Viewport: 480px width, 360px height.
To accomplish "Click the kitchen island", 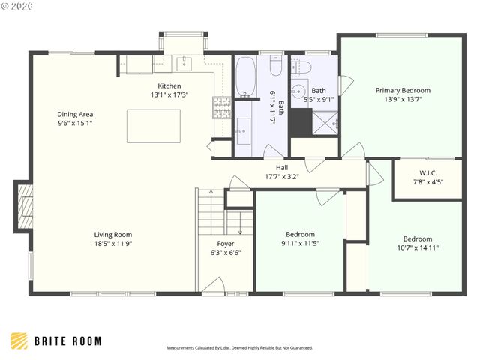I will pos(153,126).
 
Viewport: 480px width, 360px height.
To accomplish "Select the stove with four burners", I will pos(222,104).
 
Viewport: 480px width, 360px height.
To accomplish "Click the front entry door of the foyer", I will pos(211,285).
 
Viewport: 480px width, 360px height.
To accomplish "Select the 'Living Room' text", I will pos(113,234).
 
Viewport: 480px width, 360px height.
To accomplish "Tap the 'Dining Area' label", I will pos(75,115).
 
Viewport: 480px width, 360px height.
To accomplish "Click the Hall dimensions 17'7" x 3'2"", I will pos(282,177).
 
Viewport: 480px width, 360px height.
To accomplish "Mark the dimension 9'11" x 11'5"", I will pos(300,243).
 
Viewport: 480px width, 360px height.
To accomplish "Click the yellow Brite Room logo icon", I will pos(19,340).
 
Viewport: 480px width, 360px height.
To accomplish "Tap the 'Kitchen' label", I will pos(169,86).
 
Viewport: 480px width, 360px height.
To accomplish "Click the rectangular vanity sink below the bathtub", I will pos(243,129).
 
